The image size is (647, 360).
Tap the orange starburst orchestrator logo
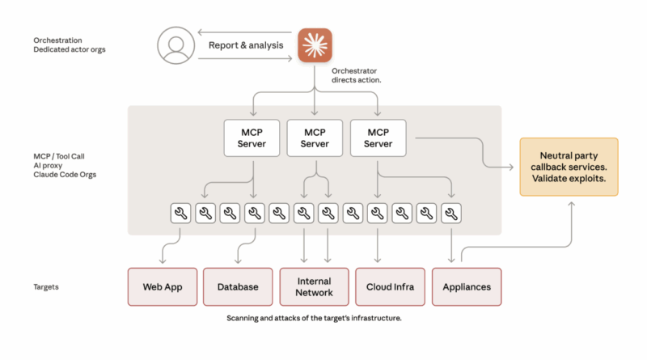[x=315, y=45]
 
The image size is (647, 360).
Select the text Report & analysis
[x=246, y=45]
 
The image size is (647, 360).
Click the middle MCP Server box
[x=315, y=138]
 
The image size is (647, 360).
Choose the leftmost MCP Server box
[x=252, y=138]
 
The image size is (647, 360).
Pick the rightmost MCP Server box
[x=378, y=138]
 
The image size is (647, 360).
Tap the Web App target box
[x=162, y=286]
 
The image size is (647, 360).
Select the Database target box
[x=238, y=286]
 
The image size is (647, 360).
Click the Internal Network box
[x=314, y=286]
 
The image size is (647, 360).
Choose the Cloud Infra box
[x=391, y=286]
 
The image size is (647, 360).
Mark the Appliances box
[x=467, y=286]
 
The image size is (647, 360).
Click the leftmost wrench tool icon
[x=181, y=214]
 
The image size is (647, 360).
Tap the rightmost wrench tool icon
[x=451, y=214]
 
